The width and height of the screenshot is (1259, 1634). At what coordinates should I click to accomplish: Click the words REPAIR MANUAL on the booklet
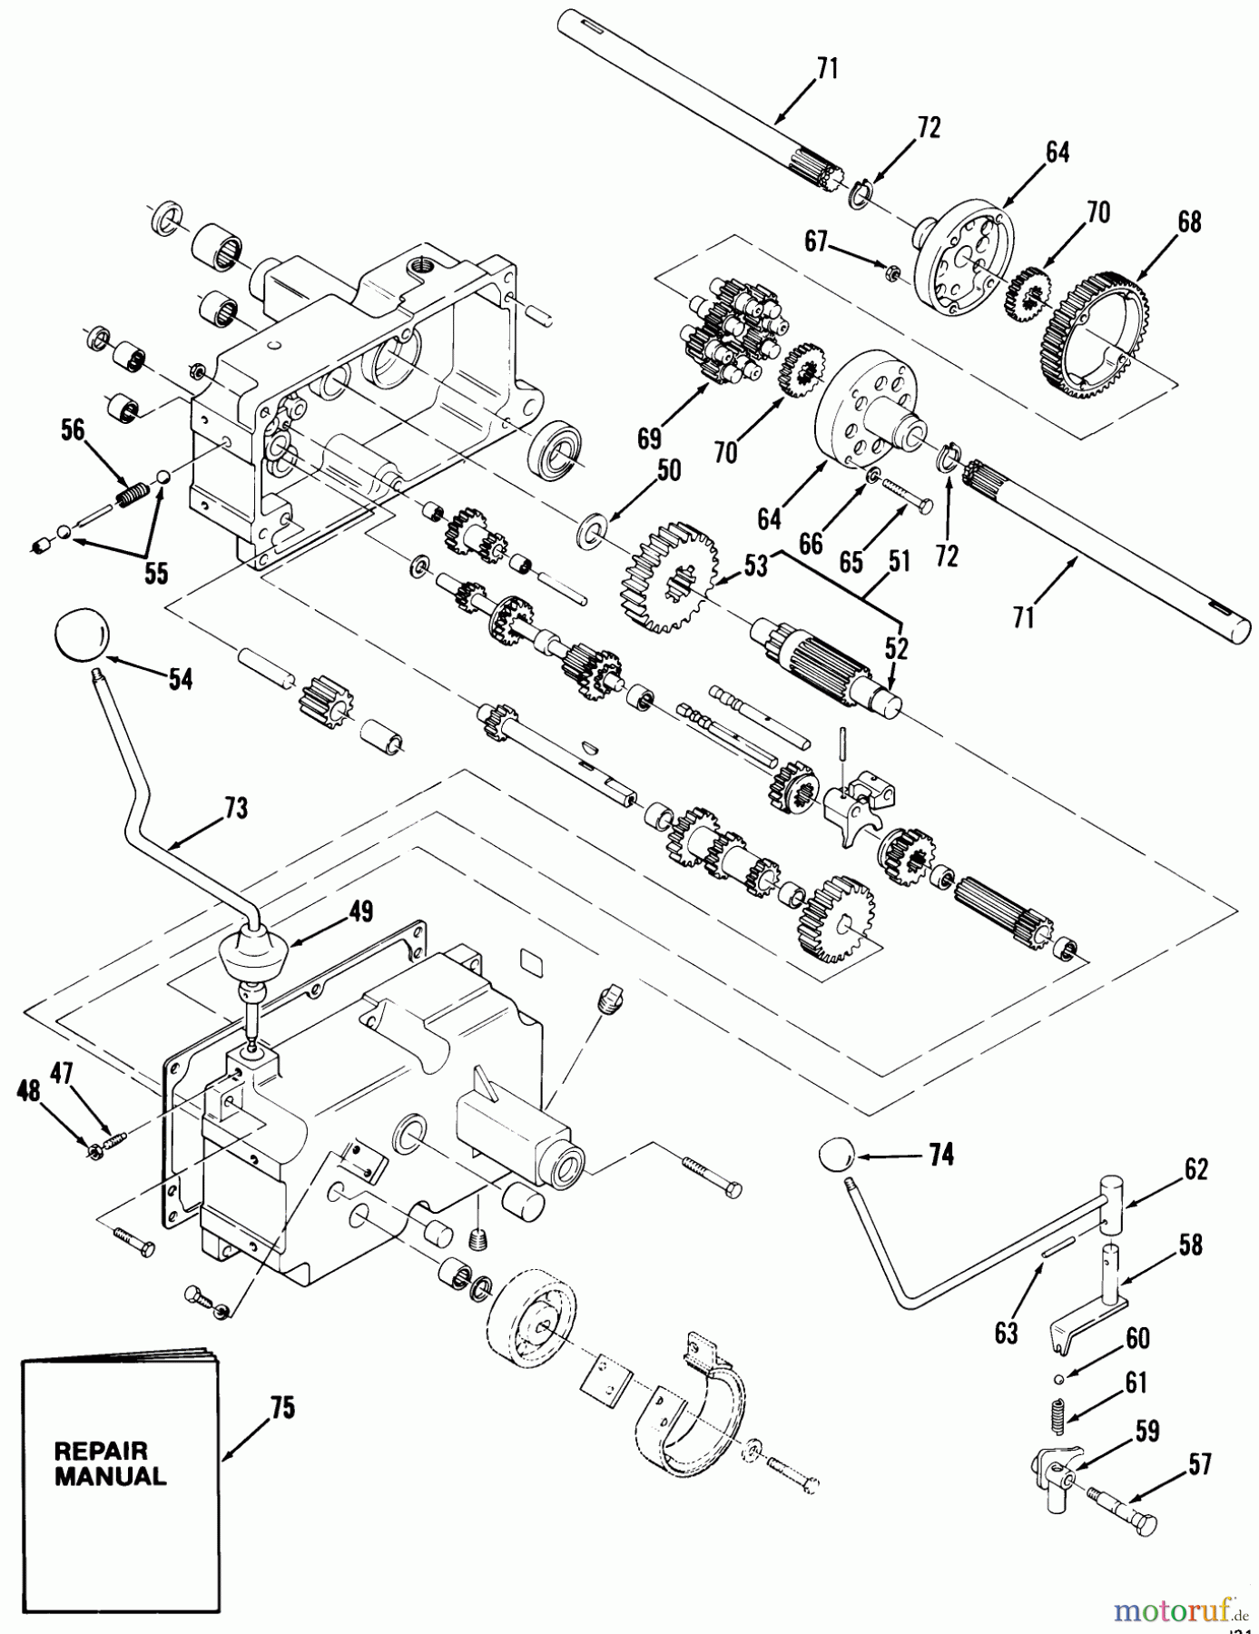click(110, 1463)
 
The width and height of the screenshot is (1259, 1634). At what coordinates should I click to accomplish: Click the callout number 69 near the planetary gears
click(649, 439)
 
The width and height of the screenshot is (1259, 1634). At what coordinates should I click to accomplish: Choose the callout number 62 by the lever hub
click(1195, 1169)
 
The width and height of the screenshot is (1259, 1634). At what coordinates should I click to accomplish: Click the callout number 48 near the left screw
click(30, 1089)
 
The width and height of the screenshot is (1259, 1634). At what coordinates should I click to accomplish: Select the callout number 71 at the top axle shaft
click(826, 69)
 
